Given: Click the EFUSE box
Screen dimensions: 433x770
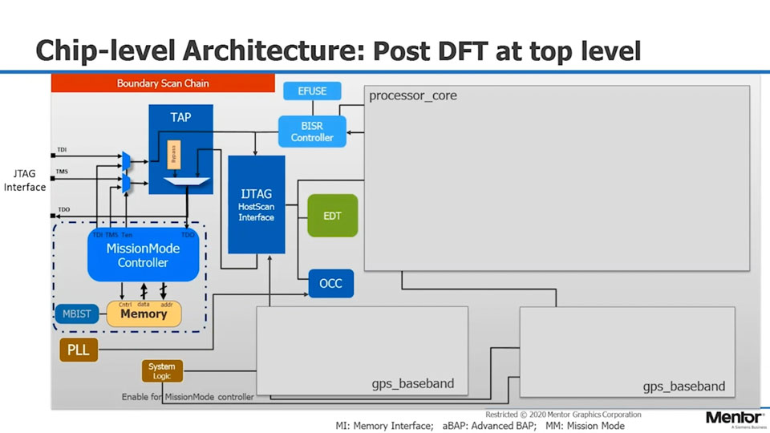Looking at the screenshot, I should pos(312,91).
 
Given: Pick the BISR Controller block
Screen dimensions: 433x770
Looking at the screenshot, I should pos(312,132).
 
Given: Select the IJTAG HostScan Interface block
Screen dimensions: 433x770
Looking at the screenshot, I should pos(256,204).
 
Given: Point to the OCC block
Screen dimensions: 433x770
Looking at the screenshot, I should pos(330,284).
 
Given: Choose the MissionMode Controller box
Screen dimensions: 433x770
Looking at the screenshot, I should pos(143,256).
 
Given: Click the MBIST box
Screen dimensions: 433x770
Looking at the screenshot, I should pos(76,314).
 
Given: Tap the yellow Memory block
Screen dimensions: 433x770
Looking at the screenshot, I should pos(144,314).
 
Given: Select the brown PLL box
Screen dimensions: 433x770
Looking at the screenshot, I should pos(79,350).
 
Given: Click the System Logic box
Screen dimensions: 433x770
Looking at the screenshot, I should pos(162,371).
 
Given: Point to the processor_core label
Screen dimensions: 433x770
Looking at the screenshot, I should pos(413,96).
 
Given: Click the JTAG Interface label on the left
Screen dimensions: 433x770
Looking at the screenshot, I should pos(25,180).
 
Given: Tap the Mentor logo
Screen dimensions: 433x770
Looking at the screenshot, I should pos(734,418).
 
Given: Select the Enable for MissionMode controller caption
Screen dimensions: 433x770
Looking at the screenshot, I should pos(188,397).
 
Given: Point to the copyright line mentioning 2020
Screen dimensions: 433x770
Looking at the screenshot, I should pos(563,415).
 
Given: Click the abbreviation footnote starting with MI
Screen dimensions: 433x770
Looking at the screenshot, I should pos(480,426).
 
